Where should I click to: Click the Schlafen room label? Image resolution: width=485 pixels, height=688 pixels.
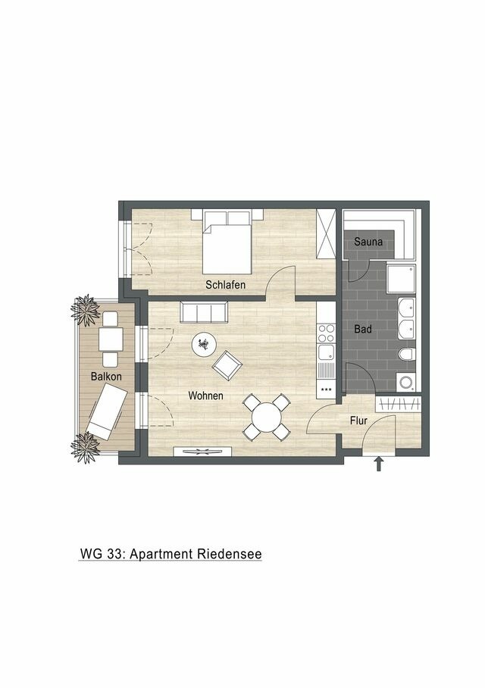coord(223,285)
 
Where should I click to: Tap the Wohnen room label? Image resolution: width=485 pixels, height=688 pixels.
coord(205,396)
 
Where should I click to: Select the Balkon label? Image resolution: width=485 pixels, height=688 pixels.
coord(106,376)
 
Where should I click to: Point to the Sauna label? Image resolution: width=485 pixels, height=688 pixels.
coord(368,242)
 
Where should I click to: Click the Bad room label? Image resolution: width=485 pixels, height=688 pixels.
coord(363,330)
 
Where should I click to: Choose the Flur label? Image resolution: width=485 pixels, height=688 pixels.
coord(358,420)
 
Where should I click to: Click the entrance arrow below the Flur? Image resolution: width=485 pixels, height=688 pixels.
coord(379,464)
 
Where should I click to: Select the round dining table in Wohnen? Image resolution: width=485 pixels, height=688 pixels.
coord(267,417)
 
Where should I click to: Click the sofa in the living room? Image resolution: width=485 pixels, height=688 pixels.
coord(203,311)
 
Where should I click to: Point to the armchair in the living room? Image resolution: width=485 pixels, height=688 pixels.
coord(227,367)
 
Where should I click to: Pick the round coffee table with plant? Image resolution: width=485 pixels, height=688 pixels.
coord(203,346)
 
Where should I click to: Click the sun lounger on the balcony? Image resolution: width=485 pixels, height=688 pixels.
coord(105,410)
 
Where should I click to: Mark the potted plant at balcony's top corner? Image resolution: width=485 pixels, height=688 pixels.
coord(84,308)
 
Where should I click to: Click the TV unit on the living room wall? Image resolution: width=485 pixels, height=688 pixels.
coord(202,452)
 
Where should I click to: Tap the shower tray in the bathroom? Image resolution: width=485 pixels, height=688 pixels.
coord(401,280)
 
